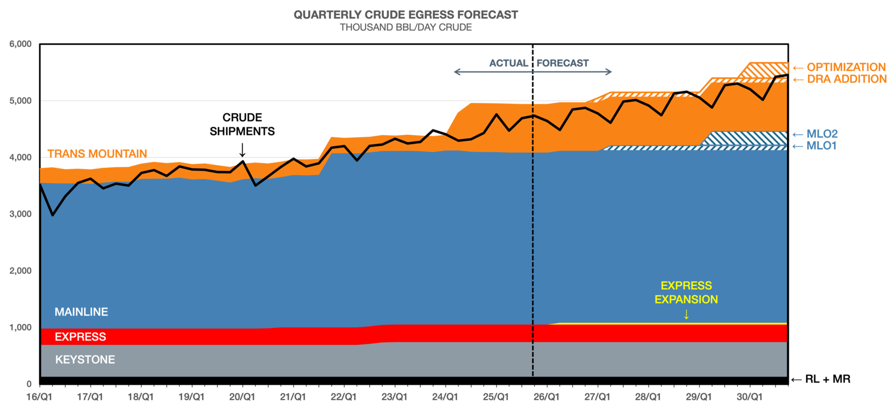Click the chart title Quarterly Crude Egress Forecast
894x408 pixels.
point(406,15)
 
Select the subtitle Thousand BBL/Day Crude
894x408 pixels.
point(406,28)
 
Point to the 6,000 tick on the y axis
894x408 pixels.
point(21,44)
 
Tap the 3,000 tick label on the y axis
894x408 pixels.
point(21,214)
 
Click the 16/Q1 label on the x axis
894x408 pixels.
point(39,397)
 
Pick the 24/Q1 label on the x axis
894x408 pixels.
point(445,397)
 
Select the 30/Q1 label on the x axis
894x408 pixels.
point(750,397)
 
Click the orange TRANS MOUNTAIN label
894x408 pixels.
point(97,154)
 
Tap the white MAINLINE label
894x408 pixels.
point(81,312)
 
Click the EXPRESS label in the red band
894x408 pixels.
point(80,337)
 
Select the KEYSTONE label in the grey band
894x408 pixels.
point(85,360)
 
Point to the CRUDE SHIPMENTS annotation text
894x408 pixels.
point(242,124)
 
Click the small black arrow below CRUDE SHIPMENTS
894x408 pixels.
point(242,150)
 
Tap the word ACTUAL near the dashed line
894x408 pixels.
point(508,63)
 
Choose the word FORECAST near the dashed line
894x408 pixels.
point(562,63)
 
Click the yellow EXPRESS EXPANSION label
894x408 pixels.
point(686,293)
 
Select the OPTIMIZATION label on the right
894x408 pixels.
point(846,67)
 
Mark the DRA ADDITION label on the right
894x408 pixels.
point(847,79)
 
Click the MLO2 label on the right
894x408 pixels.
point(822,134)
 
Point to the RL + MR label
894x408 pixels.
point(828,379)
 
